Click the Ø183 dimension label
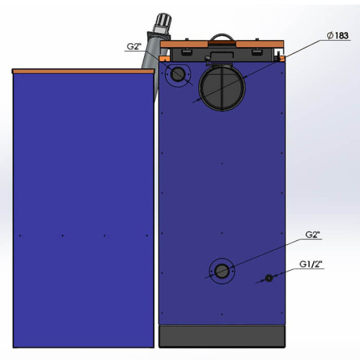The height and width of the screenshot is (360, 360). click(338, 35)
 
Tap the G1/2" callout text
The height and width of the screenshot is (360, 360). click(311, 264)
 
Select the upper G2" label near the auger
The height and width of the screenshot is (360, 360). click(134, 47)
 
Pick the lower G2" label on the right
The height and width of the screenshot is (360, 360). click(313, 235)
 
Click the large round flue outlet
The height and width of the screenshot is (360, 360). click(222, 88)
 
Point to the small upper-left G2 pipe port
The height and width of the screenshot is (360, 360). click(178, 74)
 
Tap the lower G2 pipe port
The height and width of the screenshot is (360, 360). click(222, 271)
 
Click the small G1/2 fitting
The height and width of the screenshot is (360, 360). click(269, 278)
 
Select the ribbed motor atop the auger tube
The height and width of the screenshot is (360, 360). click(163, 23)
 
